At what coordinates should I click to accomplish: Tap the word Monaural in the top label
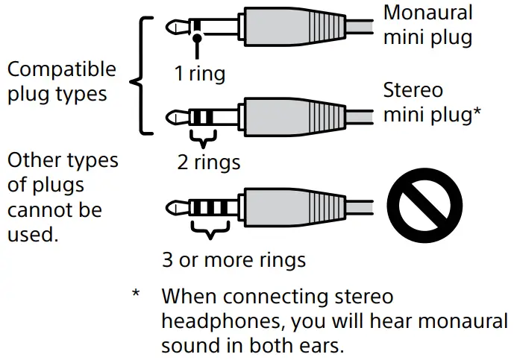(427, 13)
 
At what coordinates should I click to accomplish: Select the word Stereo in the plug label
(413, 91)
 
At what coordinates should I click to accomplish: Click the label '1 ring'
(199, 75)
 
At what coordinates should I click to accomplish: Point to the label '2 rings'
(209, 161)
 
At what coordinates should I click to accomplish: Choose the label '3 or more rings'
(234, 260)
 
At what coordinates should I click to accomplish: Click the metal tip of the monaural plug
(174, 28)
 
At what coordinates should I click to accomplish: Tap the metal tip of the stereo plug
(174, 116)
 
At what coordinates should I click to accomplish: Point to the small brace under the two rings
(202, 139)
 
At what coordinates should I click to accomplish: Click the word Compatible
(61, 69)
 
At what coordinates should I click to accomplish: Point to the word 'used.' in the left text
(32, 236)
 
